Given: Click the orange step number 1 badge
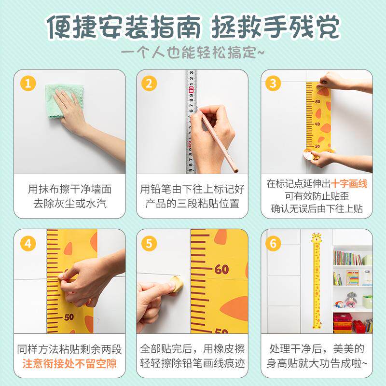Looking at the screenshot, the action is click(28, 83).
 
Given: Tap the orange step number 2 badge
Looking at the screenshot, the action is click(149, 83).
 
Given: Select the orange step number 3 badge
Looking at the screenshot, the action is click(273, 83).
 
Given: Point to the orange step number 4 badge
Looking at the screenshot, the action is click(28, 244).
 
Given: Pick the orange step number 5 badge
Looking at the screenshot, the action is click(149, 244).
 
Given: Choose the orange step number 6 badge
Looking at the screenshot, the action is click(273, 244).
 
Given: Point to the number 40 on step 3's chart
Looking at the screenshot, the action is click(317, 124).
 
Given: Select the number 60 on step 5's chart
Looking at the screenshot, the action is click(221, 269).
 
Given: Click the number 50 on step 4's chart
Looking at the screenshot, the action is click(69, 317).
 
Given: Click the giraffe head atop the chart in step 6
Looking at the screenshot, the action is click(316, 238).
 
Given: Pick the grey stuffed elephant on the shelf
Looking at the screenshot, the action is click(351, 299).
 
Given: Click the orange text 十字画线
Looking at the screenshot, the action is click(349, 184).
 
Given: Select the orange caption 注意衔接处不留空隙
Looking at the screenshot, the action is click(69, 364).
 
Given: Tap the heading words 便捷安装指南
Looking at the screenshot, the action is click(124, 27).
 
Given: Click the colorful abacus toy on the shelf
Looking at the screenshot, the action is click(353, 277).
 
